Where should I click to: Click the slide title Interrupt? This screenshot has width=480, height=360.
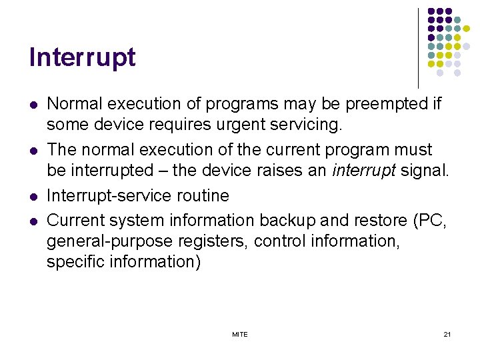click(82, 58)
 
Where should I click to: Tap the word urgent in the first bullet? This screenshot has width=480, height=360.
click(237, 125)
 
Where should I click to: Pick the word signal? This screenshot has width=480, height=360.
click(425, 171)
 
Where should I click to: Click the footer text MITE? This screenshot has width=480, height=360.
click(240, 334)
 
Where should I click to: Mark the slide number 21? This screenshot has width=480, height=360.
click(447, 334)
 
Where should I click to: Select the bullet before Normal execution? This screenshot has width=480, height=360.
click(33, 105)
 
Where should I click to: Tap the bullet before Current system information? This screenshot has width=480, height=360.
click(33, 219)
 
